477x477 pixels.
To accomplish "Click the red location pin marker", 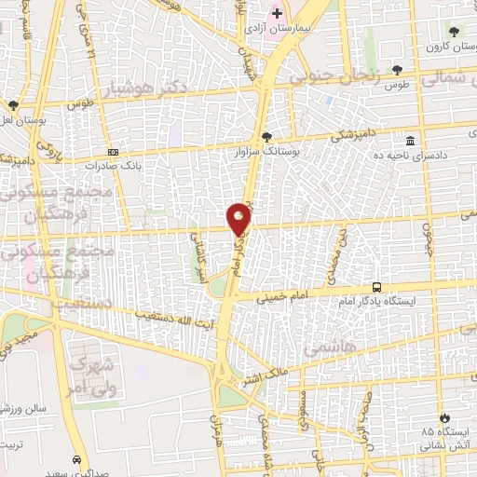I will tap(239, 219).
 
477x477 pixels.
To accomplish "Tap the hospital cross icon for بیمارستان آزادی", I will tap(277, 13).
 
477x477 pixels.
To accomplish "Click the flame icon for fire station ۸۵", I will tap(443, 416).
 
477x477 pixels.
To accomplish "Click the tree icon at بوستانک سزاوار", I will tap(267, 136).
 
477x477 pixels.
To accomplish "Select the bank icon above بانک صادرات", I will tap(114, 153).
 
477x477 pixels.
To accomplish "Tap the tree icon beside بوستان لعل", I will tap(13, 105).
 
